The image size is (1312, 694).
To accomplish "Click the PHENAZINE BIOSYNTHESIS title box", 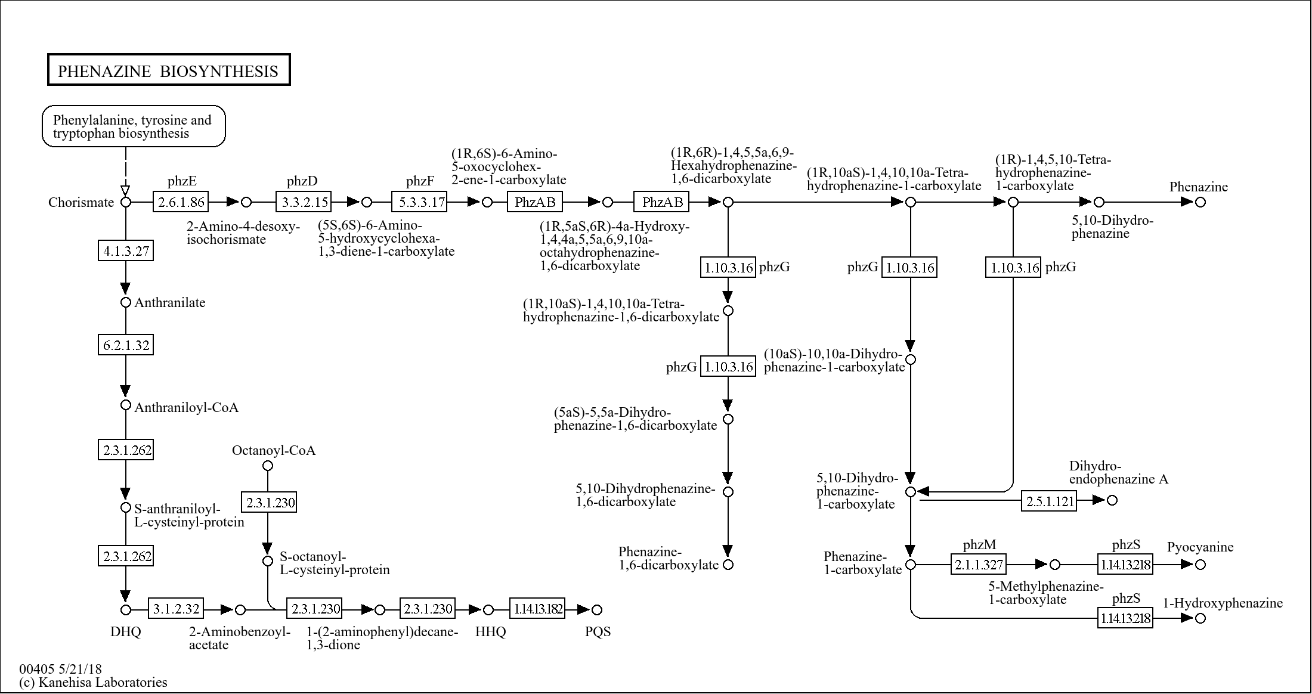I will [x=169, y=70].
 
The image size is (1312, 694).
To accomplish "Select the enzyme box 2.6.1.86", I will [x=181, y=202].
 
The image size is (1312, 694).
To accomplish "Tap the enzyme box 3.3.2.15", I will [x=304, y=202].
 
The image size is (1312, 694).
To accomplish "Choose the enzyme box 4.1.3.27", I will [x=126, y=251].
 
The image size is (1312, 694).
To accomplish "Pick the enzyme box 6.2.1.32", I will [x=126, y=345].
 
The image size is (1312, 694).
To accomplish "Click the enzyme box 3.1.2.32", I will [x=176, y=609].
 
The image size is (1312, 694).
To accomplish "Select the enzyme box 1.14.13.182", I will [x=537, y=609].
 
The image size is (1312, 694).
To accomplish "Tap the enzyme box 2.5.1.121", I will [x=1049, y=501].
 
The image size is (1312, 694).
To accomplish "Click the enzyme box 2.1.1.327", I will [x=978, y=564].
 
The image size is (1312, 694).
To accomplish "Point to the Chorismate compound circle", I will [x=126, y=202].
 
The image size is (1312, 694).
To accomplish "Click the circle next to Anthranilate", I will [x=126, y=302].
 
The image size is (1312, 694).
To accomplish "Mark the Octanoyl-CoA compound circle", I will [x=268, y=466].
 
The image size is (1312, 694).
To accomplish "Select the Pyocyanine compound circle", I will [x=1200, y=564].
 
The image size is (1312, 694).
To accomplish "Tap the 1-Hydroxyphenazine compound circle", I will [x=1200, y=618].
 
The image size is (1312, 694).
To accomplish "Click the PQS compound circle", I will [x=597, y=609].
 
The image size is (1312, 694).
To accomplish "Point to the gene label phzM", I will [x=979, y=544].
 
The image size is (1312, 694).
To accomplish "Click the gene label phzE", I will [x=182, y=181].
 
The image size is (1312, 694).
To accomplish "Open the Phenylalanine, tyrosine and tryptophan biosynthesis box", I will [x=134, y=126].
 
